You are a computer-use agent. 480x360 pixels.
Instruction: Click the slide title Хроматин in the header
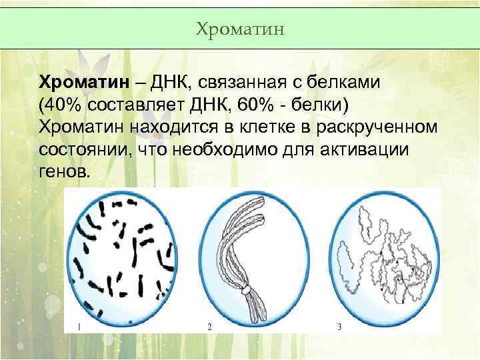(x=241, y=29)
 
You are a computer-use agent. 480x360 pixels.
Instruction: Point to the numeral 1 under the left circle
(x=79, y=327)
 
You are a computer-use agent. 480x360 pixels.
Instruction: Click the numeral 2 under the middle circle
(x=209, y=327)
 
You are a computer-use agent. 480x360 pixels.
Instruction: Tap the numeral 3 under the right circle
(x=339, y=327)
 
